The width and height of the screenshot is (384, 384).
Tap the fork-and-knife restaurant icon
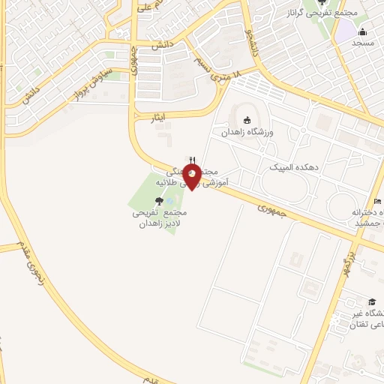click(x=193, y=160)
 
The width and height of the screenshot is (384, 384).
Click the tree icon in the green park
click(x=158, y=200)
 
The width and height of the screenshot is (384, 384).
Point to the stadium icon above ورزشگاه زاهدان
click(x=247, y=120)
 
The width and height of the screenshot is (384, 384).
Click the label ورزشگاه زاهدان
click(x=247, y=132)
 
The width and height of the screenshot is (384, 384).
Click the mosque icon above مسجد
click(x=363, y=31)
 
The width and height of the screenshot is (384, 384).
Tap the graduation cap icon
click(x=373, y=301)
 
